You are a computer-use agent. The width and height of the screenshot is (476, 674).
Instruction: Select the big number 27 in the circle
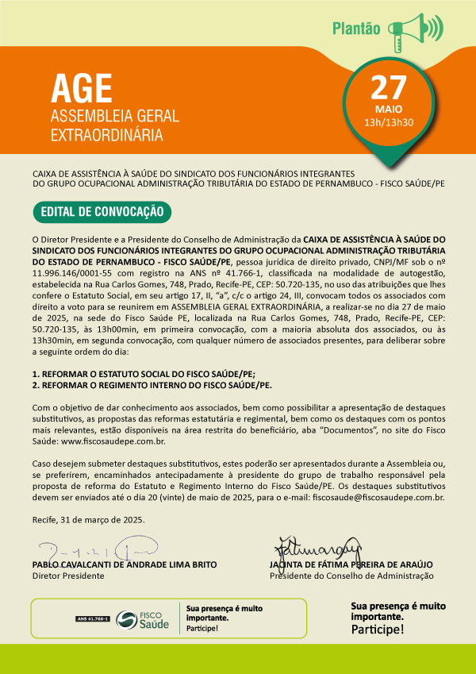pyautogui.click(x=388, y=87)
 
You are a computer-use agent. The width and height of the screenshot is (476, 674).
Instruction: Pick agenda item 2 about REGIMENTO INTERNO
pyautogui.click(x=152, y=384)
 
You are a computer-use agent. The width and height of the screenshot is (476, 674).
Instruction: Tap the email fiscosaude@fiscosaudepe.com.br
pyautogui.click(x=378, y=498)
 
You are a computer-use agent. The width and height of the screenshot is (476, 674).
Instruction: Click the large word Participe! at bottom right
pyautogui.click(x=377, y=630)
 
